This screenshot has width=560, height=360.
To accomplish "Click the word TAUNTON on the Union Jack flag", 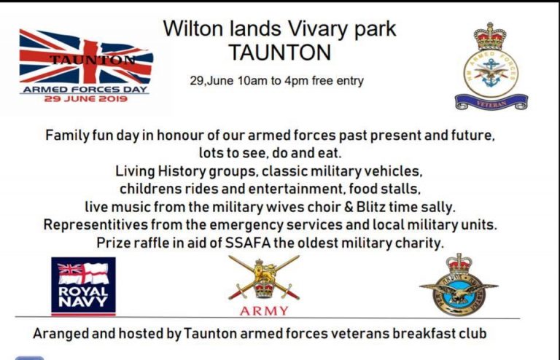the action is point(93,60).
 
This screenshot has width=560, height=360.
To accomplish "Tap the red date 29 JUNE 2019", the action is point(86,99).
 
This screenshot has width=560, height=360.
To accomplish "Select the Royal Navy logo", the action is point(83,286).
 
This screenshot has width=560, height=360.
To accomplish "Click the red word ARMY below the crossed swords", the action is point(264,311).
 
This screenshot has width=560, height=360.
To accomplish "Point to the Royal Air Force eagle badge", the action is point(459,285).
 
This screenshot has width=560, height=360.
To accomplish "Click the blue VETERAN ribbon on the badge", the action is point(491,102).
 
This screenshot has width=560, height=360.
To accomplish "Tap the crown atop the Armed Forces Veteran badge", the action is point(490,36).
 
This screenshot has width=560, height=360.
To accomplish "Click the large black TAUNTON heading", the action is point(280,52).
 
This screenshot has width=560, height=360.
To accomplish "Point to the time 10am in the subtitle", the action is point(253,81).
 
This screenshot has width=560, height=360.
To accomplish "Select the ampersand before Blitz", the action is point(349,207).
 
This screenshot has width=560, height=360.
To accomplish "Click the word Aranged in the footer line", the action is point(61,334).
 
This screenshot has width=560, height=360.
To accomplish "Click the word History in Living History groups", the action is point(182,171).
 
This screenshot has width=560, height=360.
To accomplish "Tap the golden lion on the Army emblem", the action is point(265,270).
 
